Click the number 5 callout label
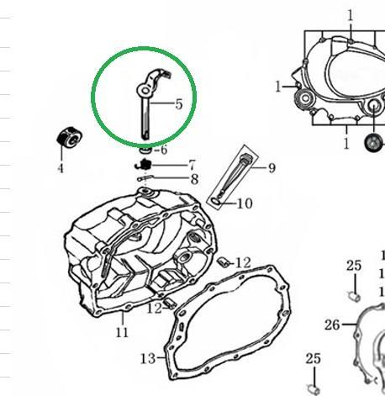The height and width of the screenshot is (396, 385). point(179,104)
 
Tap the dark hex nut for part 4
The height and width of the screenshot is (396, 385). point(70,137)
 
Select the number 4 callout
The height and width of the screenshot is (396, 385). point(61,169)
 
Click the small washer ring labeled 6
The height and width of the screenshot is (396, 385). point(145,150)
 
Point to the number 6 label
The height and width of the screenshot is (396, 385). point(163,150)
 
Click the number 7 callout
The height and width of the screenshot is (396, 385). point(192,165)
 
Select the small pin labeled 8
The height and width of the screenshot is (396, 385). point(145,178)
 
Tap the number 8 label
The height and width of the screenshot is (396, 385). point(195,179)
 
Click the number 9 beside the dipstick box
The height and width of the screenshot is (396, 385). point(272,168)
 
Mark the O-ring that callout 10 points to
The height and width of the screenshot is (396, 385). point(216,201)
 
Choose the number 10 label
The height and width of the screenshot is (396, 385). point(245,203)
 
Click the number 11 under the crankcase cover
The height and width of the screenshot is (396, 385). point(122,333)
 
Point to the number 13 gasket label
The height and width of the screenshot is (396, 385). point(148,358)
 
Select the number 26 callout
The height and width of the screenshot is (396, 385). point(332,325)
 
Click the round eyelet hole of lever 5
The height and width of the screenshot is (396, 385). point(145,91)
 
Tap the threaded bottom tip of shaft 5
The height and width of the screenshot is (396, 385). point(145,137)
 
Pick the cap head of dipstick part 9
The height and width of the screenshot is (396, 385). point(247,158)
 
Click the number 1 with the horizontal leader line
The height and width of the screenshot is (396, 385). point(278,87)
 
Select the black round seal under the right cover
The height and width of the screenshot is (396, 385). point(374,143)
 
